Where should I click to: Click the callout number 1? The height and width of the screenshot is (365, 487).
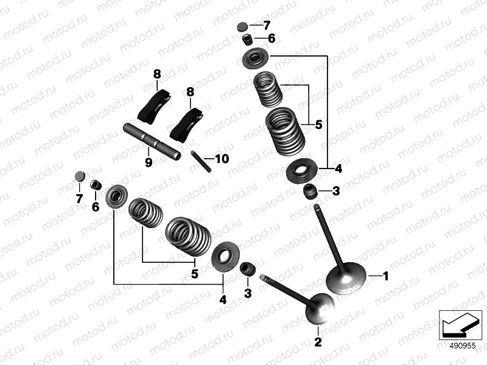click(x=384, y=276)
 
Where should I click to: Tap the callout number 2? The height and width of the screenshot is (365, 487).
click(x=317, y=342)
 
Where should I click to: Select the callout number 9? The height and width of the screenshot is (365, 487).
click(x=148, y=162)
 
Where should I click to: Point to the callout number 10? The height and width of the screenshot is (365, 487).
click(x=221, y=159)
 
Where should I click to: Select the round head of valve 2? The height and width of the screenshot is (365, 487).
click(x=320, y=308)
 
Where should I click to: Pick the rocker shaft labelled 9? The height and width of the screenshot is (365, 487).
click(x=152, y=142)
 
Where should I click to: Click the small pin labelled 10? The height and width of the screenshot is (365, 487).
click(x=200, y=161)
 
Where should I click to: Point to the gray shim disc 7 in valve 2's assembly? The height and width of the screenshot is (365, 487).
click(x=79, y=177)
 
